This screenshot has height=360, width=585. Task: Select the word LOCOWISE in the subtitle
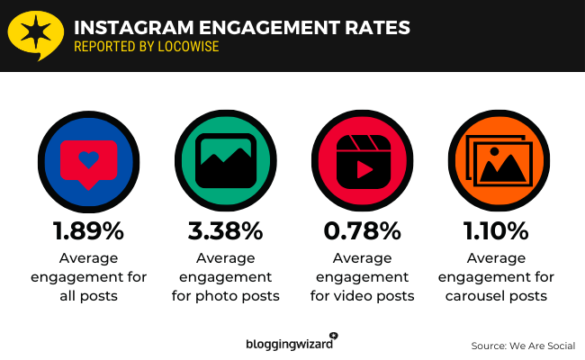pos(187,47)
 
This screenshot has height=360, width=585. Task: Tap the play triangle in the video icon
pos(364,168)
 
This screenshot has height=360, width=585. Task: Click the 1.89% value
pos(87,231)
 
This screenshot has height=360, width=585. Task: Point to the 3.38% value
pos(224,231)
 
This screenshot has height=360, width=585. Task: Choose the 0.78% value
pos(361,231)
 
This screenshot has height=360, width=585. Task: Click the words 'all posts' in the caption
pos(87,295)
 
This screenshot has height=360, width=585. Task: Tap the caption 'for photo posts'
pos(224,295)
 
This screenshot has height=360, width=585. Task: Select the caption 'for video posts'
pos(361,295)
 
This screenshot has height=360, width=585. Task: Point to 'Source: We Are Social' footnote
pos(522,346)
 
